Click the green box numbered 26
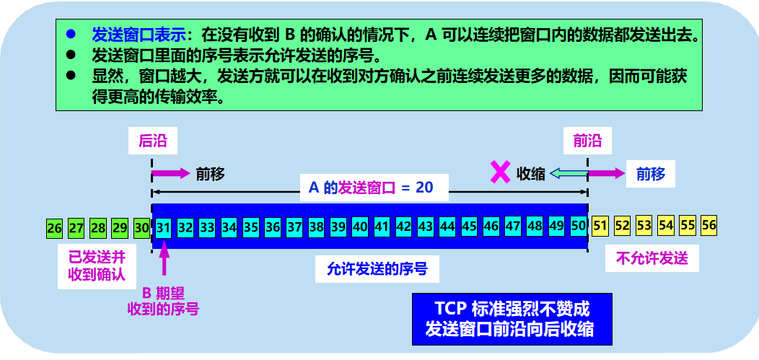tap(54, 228)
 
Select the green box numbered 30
tap(142, 228)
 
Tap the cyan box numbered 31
tap(164, 227)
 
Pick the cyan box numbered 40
tap(360, 227)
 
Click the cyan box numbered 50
tap(578, 226)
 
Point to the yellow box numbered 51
tap(600, 225)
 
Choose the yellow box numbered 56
tap(708, 224)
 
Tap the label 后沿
tap(152, 141)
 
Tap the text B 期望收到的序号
tap(163, 301)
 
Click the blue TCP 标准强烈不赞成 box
tap(511, 318)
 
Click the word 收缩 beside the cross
tap(531, 174)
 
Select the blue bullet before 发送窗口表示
tap(71, 34)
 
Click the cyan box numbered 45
tap(469, 227)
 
